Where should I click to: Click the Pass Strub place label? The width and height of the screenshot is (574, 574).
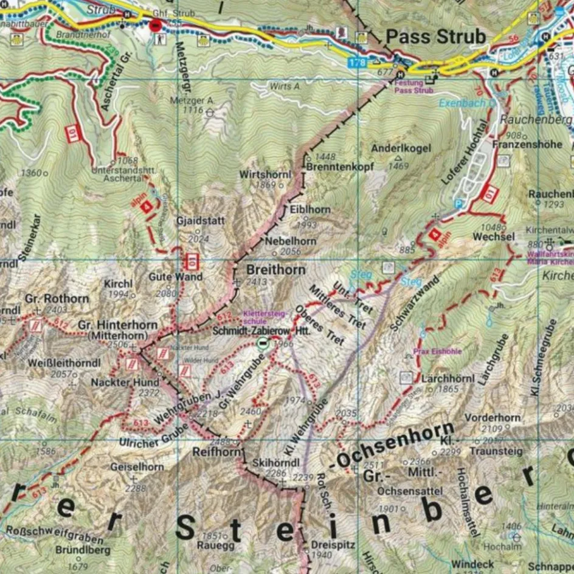click(x=436, y=36)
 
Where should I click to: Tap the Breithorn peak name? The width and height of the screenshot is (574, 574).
click(x=275, y=269)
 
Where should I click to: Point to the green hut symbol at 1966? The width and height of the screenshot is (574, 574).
click(x=263, y=344)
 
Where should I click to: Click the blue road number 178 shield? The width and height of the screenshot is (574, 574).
click(x=358, y=63)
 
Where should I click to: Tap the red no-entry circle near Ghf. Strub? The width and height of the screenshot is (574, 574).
click(x=156, y=26)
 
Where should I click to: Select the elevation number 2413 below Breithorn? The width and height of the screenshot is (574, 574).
click(x=257, y=282)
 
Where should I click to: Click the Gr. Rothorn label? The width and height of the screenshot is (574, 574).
click(x=57, y=299)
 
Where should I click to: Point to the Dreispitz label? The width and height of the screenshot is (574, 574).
click(x=332, y=545)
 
